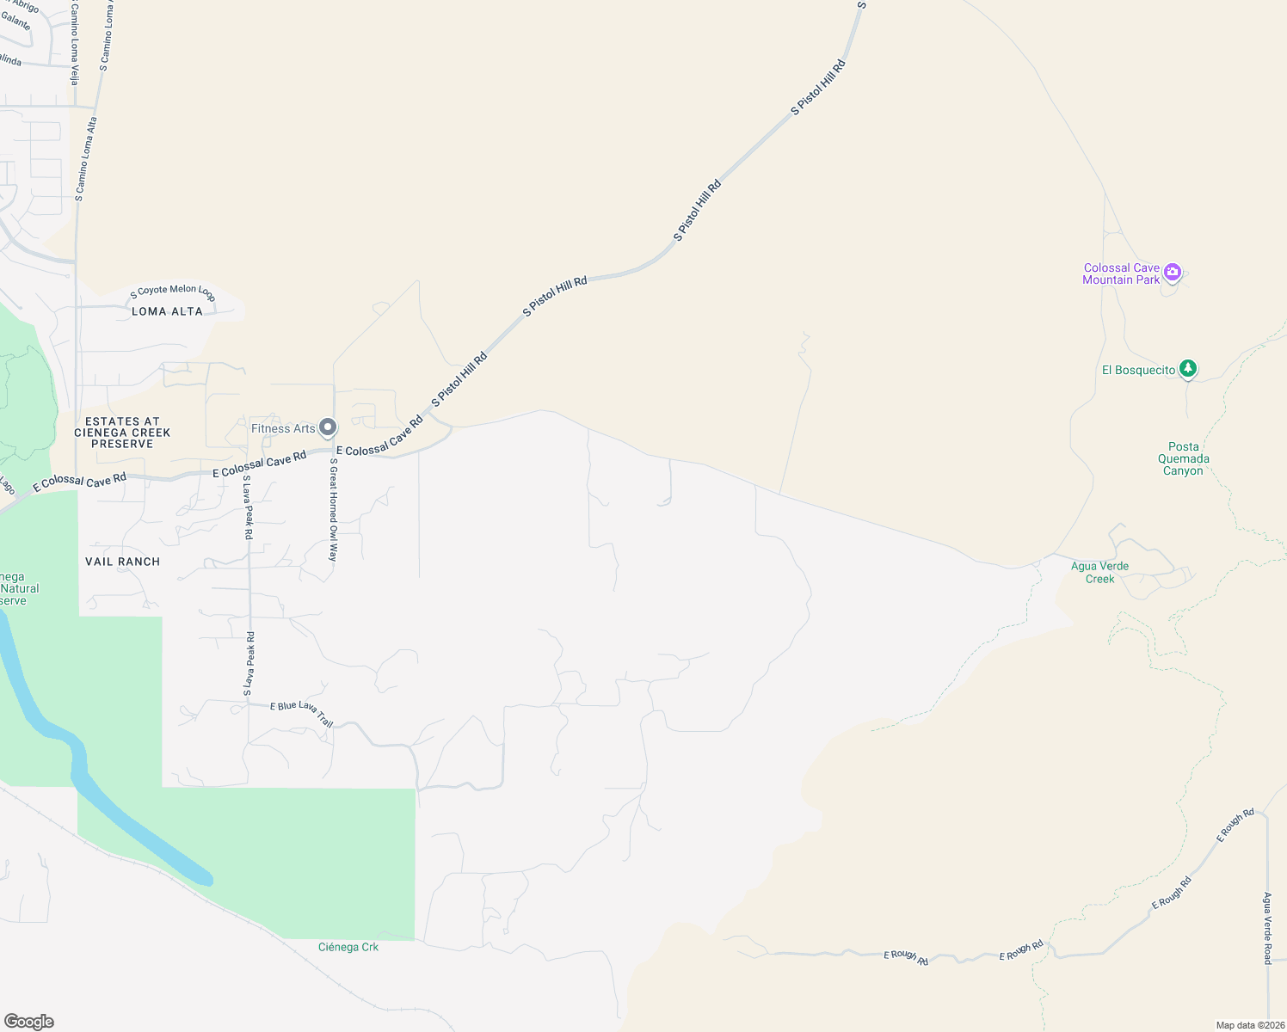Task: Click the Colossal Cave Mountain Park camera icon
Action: point(1172,273)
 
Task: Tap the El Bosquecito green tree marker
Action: point(1188,369)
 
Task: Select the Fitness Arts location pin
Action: point(328,427)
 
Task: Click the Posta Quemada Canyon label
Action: point(1183,458)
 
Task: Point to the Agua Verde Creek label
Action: point(1099,572)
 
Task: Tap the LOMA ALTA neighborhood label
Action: point(167,311)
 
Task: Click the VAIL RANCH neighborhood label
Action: point(122,562)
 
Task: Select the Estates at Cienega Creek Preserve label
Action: point(122,433)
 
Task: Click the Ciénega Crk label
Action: point(348,947)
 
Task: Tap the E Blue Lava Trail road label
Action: point(301,712)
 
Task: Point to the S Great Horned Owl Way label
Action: point(334,509)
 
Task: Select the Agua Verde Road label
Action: point(1266,928)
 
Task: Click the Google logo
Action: point(28,1021)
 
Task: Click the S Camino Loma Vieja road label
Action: point(74,43)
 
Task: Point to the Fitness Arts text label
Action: point(283,428)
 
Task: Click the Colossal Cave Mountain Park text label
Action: point(1121,273)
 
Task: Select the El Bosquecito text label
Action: point(1138,370)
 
